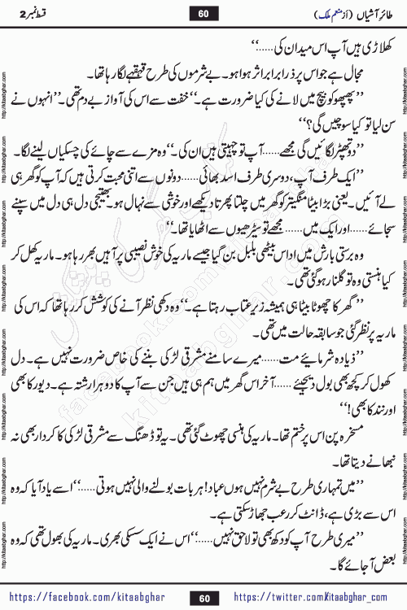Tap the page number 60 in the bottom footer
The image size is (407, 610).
coord(204,599)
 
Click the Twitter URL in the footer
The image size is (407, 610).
coord(322,599)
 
